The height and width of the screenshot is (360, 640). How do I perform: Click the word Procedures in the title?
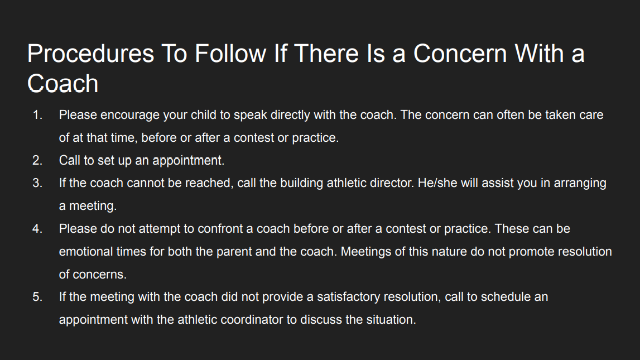pos(90,54)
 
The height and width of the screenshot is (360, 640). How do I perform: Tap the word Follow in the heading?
pos(230,54)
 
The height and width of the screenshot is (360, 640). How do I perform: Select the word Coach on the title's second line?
pos(63,83)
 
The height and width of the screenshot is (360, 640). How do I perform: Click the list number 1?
pos(37,115)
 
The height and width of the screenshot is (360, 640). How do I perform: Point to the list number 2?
pos(37,160)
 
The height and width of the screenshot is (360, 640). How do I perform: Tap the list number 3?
pos(37,183)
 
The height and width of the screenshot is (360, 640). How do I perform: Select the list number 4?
pos(37,229)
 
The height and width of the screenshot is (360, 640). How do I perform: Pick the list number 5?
pos(37,297)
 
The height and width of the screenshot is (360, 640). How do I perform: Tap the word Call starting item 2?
pos(70,160)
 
